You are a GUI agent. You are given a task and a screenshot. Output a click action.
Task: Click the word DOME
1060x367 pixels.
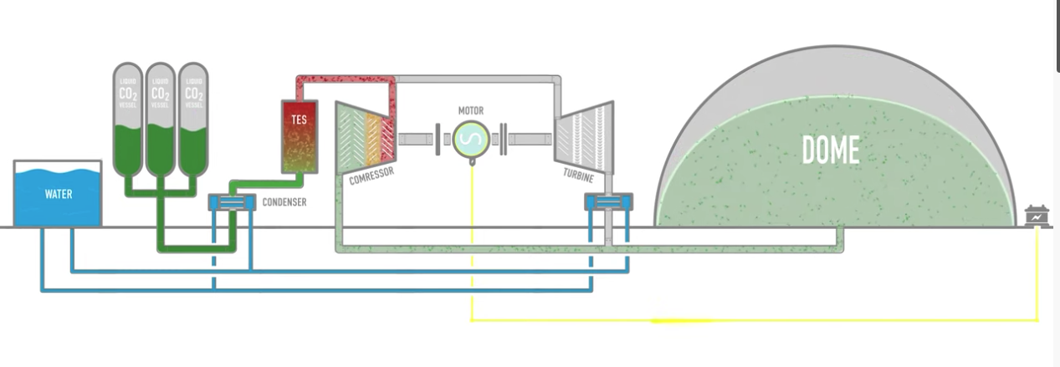(830, 150)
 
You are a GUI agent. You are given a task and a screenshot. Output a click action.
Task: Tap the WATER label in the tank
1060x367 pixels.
(59, 195)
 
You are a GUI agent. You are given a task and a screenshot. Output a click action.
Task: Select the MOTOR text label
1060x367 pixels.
(470, 111)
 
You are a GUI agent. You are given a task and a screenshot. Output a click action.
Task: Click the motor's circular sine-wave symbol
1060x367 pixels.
(470, 137)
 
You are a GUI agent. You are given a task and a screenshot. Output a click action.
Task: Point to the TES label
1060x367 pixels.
(299, 120)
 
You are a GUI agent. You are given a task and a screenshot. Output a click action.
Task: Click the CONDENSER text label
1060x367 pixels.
(284, 202)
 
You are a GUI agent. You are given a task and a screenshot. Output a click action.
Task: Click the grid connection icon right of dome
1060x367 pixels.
(1037, 217)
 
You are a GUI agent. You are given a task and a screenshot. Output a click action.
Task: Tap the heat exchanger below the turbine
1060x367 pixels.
(608, 201)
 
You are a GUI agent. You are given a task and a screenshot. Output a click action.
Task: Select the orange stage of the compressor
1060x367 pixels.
(373, 136)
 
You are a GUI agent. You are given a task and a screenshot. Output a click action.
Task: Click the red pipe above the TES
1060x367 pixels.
(343, 79)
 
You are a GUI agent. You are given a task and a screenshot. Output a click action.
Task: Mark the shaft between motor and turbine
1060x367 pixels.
(527, 137)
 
